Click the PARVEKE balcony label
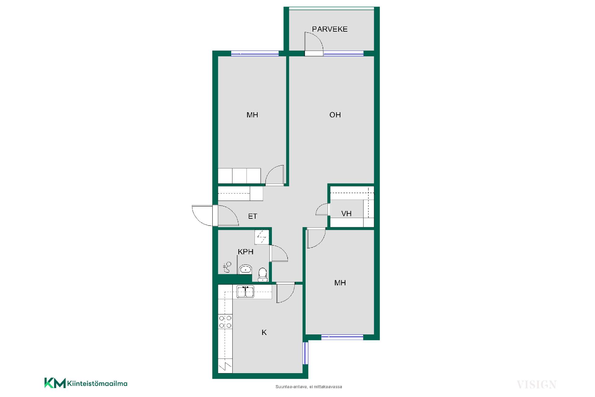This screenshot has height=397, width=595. [x=330, y=29]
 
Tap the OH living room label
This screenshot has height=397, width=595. [x=335, y=115]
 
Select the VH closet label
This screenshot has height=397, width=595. [x=346, y=214]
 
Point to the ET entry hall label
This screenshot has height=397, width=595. [x=253, y=216]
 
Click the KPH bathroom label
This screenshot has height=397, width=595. [x=245, y=252]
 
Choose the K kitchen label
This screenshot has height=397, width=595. [x=264, y=332]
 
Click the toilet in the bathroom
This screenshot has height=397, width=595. [x=262, y=275]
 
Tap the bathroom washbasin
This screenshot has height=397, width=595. [x=245, y=269]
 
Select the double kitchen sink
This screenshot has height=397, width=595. [x=245, y=292]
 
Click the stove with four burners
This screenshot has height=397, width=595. [x=225, y=322]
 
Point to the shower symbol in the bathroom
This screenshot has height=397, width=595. [x=227, y=267]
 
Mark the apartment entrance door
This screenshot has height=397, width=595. [x=215, y=216]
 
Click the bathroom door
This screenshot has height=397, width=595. [x=279, y=253]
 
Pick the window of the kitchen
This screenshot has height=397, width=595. [x=305, y=353]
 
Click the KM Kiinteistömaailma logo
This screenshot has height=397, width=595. [x=86, y=383]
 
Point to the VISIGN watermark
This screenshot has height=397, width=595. [x=536, y=385]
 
